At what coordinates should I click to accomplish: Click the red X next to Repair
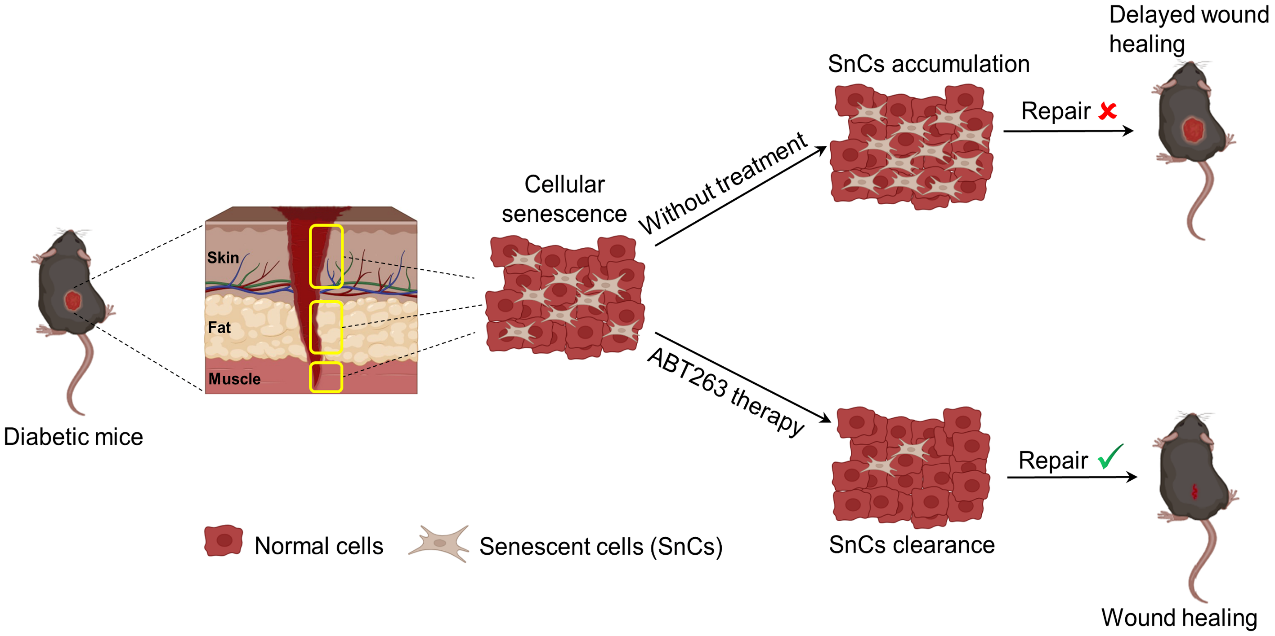click(x=1107, y=112)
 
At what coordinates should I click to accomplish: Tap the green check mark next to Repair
click(x=1110, y=460)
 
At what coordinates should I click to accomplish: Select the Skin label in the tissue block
click(x=223, y=258)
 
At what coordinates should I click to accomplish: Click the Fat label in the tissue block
click(x=219, y=326)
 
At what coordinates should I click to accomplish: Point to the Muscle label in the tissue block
click(x=234, y=380)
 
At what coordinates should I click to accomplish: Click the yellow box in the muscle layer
click(x=326, y=377)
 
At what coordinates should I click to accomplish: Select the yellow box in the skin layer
click(x=326, y=256)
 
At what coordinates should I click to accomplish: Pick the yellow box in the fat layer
click(x=326, y=327)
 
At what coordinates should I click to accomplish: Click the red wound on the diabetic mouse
click(x=72, y=300)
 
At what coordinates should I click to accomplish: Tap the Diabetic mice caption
click(x=73, y=437)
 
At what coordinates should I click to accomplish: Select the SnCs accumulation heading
click(x=928, y=65)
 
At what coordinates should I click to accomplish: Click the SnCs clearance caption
click(x=911, y=545)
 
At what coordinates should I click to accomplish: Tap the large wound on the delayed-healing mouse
click(x=1193, y=130)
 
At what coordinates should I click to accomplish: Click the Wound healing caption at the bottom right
click(x=1179, y=617)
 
